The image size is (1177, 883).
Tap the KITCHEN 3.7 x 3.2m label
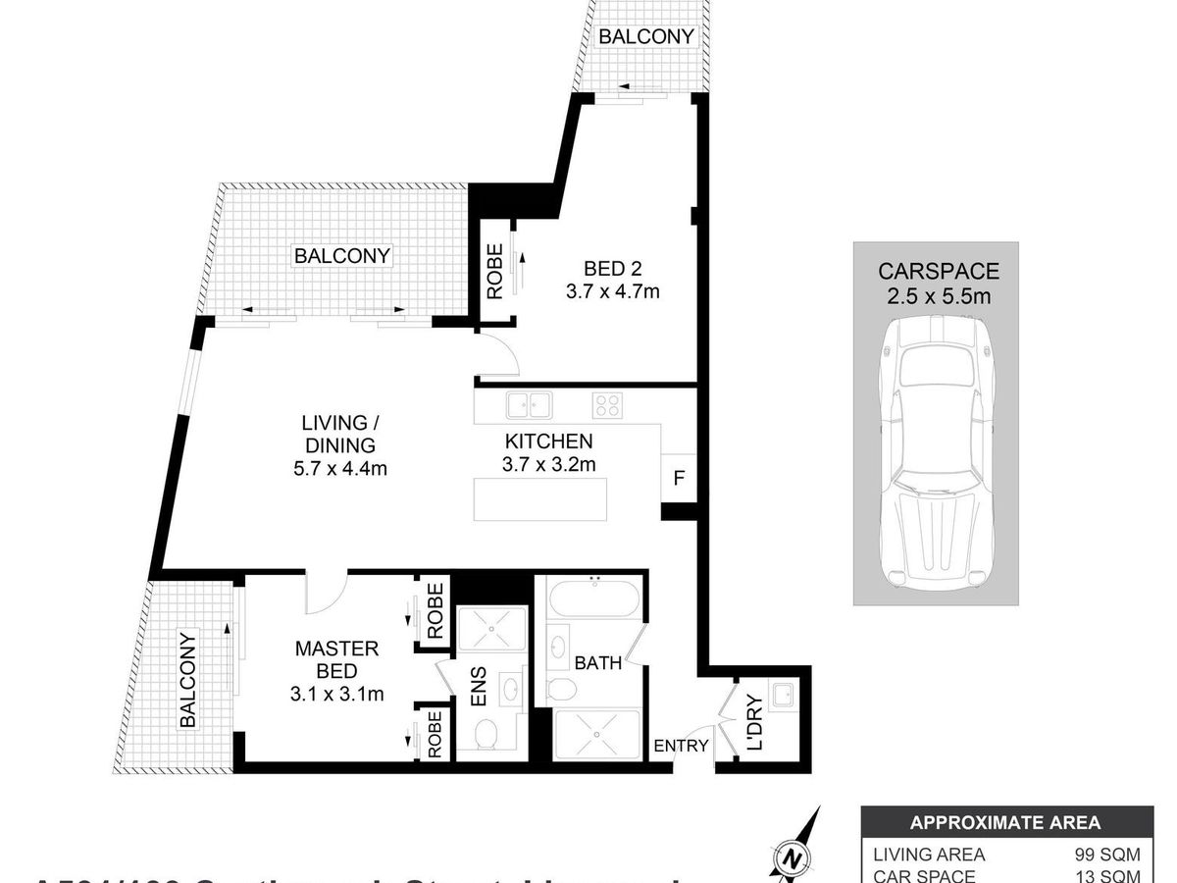tap(548, 452)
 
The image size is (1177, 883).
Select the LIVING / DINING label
tap(339, 445)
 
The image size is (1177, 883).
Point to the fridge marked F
tap(677, 479)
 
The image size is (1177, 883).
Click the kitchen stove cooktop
tap(608, 405)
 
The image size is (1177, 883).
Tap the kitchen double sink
tap(529, 404)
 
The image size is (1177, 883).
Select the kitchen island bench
tap(539, 498)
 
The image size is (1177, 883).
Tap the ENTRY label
tap(681, 746)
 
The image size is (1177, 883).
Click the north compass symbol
tap(792, 857)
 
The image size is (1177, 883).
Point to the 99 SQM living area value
tap(1108, 855)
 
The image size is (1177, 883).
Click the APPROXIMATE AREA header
tap(1005, 823)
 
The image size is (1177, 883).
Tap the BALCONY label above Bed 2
tap(646, 37)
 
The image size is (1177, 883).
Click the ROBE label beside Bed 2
tap(494, 271)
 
